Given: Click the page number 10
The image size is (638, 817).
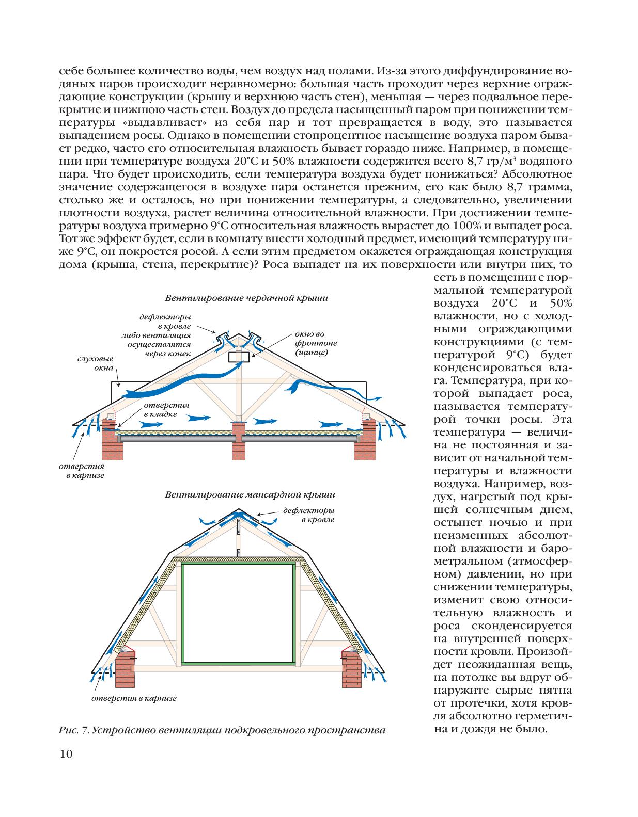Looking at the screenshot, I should tap(66, 754).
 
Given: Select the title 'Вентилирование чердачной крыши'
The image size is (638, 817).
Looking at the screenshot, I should tap(246, 298).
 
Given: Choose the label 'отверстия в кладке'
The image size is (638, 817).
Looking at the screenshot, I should tap(166, 410).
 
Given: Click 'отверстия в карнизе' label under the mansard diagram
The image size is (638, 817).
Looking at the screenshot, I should tap(134, 698).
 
